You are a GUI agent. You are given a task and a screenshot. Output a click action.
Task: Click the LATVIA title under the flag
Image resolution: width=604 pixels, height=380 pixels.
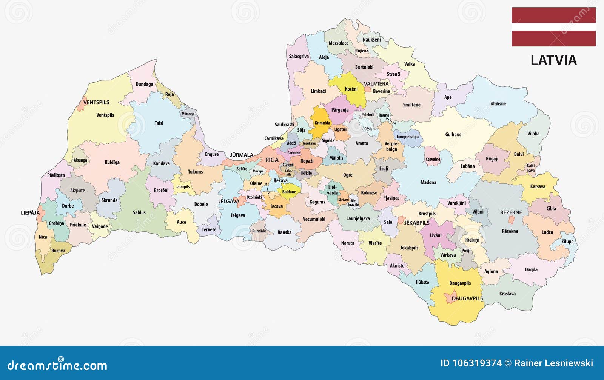pos(553,60)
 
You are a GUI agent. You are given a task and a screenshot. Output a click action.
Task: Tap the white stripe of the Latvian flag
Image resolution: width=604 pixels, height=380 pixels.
pos(553,27)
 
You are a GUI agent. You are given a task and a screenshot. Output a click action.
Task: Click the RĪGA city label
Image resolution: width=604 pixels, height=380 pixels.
pos(272,160)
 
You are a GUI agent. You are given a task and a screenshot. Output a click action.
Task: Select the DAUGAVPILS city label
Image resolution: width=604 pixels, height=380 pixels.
pos(467,298)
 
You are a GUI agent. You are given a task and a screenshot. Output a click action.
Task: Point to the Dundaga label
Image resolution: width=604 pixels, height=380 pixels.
pos(144,84)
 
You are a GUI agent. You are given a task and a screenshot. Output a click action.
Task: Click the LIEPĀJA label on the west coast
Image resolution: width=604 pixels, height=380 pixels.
pos(30,213)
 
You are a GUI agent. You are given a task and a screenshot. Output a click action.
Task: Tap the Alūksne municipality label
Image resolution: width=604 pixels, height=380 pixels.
pos(498,103)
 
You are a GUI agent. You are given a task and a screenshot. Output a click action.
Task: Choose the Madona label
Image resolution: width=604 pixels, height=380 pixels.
pos(428,182)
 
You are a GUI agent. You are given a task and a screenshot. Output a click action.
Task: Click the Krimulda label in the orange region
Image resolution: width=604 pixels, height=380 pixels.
pos(322,123)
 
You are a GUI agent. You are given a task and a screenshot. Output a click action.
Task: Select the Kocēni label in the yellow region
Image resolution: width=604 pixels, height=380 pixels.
pos(351,89)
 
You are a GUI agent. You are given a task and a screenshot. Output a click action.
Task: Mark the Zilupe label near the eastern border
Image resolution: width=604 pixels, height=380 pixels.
pos(567,242)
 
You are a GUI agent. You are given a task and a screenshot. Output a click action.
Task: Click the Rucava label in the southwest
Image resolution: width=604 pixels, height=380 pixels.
pos(58,251)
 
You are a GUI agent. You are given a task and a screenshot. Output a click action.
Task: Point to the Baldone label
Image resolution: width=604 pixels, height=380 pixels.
pos(289,192)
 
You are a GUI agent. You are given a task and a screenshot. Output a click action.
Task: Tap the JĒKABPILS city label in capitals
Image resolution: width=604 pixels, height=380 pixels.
pos(417,223)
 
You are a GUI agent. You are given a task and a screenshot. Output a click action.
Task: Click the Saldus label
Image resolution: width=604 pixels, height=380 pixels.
pos(139,212)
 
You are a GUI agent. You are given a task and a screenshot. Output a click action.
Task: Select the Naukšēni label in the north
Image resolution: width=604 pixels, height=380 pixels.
pos(371,40)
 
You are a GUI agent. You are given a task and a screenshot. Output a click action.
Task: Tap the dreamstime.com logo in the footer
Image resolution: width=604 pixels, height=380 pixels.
pos(57,365)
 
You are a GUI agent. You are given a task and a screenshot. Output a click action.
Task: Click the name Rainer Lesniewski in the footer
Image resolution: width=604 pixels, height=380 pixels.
pos(553,363)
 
